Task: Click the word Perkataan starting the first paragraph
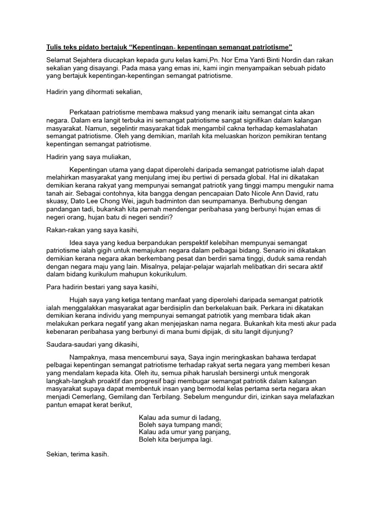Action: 87,112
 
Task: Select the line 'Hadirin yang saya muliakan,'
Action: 88,157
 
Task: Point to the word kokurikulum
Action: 166,274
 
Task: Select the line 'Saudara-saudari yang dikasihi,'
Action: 91,344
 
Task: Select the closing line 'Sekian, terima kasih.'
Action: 77,455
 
